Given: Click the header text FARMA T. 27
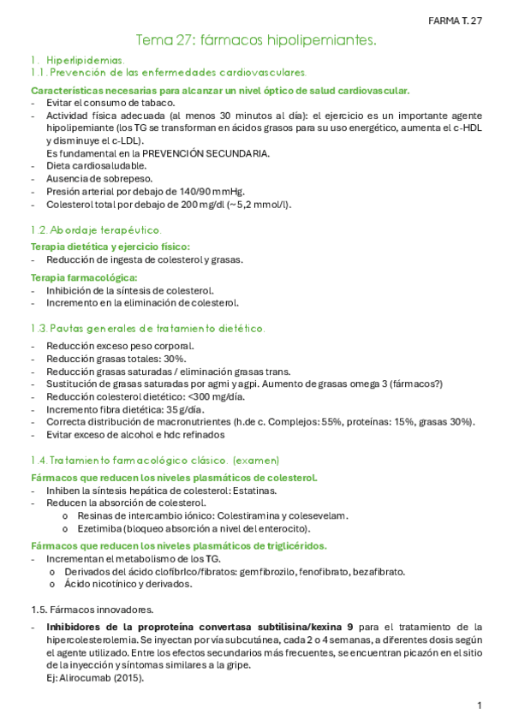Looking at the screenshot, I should pos(455,21).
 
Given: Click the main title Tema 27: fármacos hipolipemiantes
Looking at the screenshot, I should pos(256,40).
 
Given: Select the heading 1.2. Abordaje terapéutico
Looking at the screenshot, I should pos(94,230).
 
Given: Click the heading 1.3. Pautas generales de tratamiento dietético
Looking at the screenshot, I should pos(147,328).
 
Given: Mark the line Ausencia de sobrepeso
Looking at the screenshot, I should pos(99,178).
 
